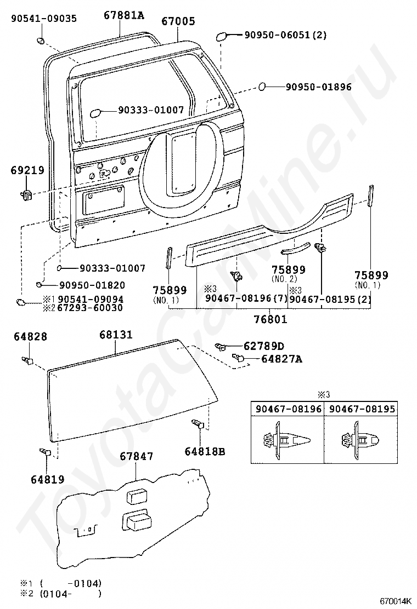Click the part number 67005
178,21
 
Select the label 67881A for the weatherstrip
123,15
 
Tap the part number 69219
27,170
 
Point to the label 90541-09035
44,19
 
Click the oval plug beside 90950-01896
263,86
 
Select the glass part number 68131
116,334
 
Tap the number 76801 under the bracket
271,319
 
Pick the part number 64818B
205,451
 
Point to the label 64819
47,479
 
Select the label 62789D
264,346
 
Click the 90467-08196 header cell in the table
288,409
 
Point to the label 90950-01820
92,285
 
